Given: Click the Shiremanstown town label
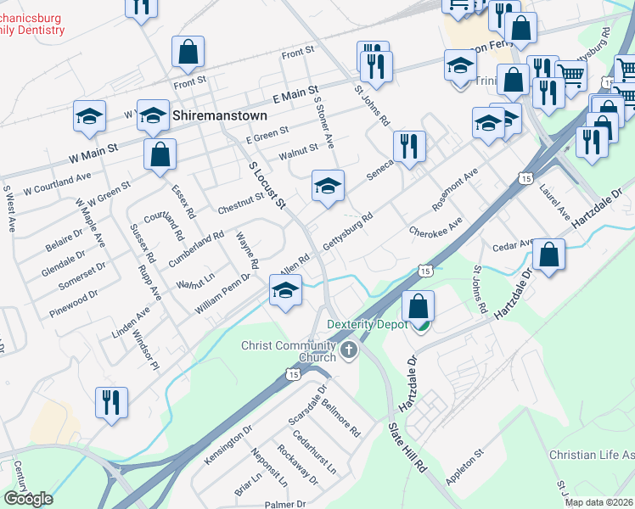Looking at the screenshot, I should pyautogui.click(x=219, y=115).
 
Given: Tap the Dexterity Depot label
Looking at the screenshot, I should pyautogui.click(x=374, y=323).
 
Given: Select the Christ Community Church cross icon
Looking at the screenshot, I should pyautogui.click(x=348, y=350).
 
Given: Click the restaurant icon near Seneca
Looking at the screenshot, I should pyautogui.click(x=410, y=147).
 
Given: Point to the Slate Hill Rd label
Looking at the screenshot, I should pyautogui.click(x=407, y=447).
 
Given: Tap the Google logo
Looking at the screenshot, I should pyautogui.click(x=28, y=499).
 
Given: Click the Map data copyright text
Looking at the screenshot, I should pyautogui.click(x=599, y=502).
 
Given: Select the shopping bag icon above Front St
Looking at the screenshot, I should pyautogui.click(x=188, y=53).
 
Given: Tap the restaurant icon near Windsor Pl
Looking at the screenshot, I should pyautogui.click(x=111, y=403).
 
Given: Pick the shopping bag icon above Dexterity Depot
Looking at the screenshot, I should pyautogui.click(x=418, y=306).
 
